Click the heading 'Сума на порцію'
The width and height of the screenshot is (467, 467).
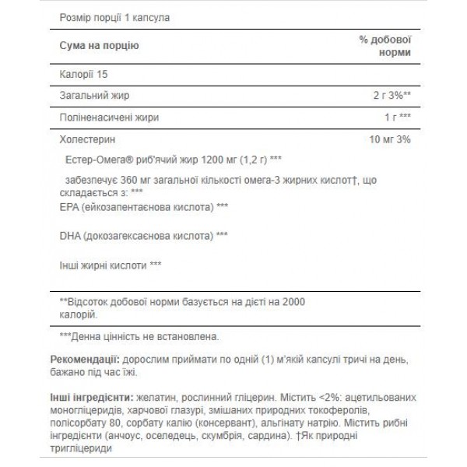[x=99, y=46]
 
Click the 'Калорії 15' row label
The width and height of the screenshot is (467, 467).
[x=83, y=75]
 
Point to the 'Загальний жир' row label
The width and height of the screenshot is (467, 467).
[x=93, y=97]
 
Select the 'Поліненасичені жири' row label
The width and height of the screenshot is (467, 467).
[x=107, y=118]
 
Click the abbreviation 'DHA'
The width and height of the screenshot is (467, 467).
[x=70, y=234]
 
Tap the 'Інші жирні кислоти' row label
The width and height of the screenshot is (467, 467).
[x=102, y=265]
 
